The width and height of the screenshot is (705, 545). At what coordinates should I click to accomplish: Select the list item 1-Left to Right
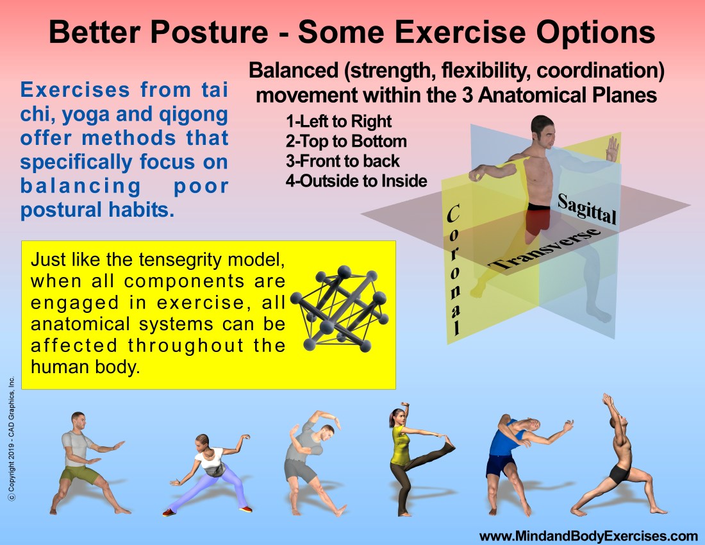coord(338,121)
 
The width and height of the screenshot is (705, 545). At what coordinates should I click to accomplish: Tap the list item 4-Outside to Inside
coord(356,181)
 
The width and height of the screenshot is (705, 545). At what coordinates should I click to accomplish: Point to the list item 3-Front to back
coord(343,161)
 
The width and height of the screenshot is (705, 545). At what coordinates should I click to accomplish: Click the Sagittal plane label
coord(586,208)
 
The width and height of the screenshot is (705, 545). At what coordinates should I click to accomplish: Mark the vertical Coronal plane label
coord(454,269)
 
